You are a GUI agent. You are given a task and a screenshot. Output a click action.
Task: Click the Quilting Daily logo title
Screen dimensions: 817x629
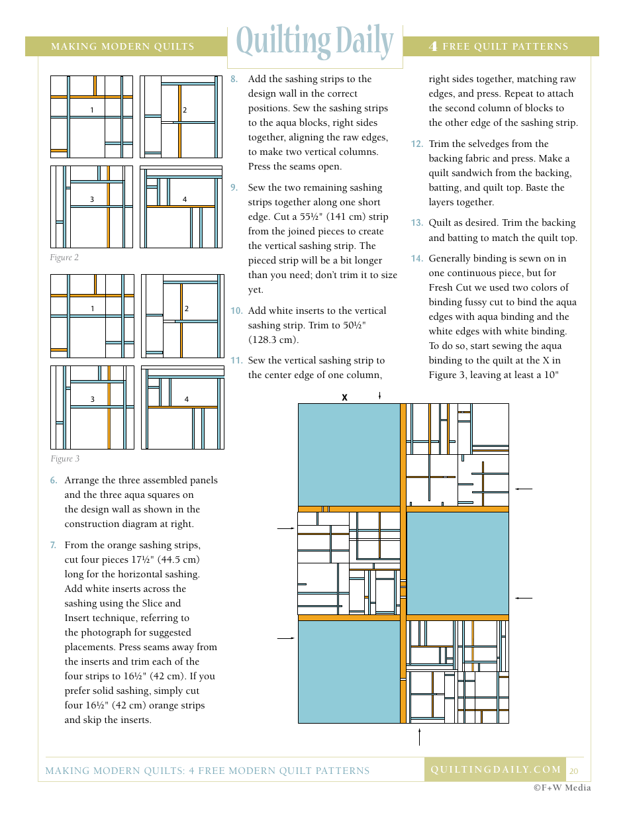coord(314,42)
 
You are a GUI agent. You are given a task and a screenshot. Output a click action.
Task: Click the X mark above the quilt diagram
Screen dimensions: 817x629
coord(344,397)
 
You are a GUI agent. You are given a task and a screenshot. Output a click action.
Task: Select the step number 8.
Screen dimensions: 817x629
coord(234,79)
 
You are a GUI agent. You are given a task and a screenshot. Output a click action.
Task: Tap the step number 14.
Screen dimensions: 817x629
coord(416,258)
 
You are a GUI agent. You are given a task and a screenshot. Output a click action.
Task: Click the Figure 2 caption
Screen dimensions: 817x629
coord(64,258)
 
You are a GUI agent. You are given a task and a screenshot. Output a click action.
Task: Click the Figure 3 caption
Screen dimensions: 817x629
coord(65,459)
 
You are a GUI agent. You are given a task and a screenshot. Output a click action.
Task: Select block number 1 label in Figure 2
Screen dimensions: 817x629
coord(92,110)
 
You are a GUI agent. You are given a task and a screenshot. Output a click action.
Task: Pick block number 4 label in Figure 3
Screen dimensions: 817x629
coord(187,399)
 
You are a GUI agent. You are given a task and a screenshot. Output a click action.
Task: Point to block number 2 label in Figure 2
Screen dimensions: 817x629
coord(185,110)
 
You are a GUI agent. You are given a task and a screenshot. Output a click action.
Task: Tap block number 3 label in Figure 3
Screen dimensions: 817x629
coord(93,399)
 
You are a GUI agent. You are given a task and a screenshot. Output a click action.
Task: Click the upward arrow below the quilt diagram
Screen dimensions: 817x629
coord(419,736)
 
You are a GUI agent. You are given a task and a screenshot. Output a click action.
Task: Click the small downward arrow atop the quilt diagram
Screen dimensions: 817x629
coord(379,395)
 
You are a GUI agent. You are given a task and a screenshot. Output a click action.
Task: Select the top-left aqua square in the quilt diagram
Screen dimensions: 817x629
coord(349,455)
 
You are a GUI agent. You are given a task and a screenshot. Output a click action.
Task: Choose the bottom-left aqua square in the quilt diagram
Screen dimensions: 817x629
coord(349,671)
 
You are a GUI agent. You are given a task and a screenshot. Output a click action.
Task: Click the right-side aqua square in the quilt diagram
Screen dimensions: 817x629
coord(458,563)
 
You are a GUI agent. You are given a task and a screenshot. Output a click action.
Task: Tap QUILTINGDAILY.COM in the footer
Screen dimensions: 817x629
coord(496,769)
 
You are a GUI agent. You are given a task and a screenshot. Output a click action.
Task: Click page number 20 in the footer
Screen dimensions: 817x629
coord(573,771)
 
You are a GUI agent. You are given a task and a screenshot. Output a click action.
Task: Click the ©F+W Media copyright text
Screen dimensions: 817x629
coord(562,787)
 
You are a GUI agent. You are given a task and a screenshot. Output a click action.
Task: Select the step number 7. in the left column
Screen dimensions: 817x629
coord(53,545)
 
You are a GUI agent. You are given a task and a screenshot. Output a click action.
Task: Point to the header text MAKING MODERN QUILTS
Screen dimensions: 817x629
coord(122,46)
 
